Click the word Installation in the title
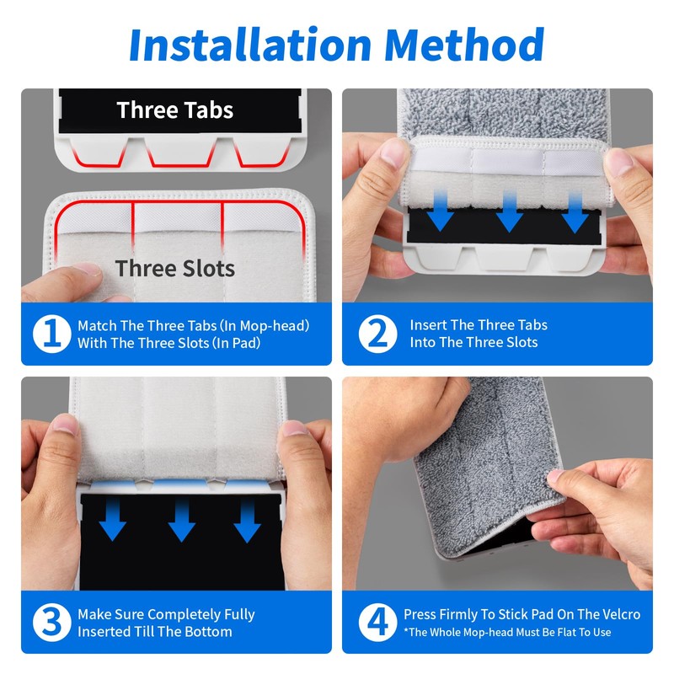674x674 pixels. (x=250, y=45)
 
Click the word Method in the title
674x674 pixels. (x=464, y=45)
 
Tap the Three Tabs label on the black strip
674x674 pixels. (x=175, y=110)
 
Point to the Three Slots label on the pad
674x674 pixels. (x=175, y=269)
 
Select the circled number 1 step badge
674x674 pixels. (x=52, y=334)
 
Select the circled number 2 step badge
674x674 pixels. (x=377, y=334)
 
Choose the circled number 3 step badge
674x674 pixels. (x=52, y=623)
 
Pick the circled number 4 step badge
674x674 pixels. (x=377, y=623)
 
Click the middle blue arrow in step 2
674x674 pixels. (x=510, y=211)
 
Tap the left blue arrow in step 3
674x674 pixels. (x=113, y=520)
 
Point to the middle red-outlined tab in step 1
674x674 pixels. (x=181, y=152)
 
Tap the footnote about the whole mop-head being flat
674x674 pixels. (x=507, y=633)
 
